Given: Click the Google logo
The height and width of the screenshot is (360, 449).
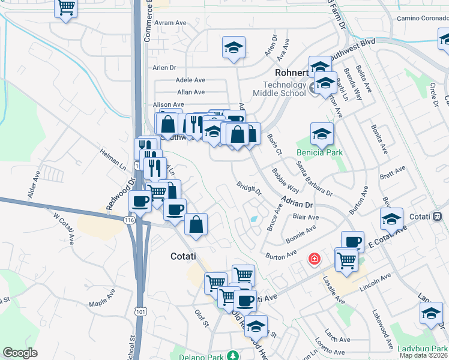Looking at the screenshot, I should point(20,353).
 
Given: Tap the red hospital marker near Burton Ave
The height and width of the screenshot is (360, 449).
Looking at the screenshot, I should point(313,259).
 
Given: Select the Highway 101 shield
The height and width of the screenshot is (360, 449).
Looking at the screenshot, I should point(140,311).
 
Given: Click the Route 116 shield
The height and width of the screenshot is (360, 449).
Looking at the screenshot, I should point(129,221).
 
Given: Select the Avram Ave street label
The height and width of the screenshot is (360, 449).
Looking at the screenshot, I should point(170,23).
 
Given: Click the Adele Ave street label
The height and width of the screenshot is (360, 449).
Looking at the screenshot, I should point(190,80).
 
